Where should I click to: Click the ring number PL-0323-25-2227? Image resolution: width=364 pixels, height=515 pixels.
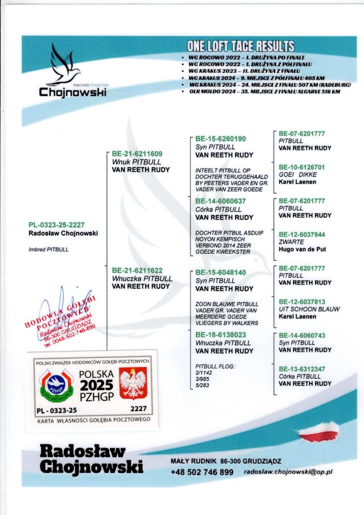[56, 225]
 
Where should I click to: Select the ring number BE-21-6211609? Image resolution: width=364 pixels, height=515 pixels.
[137, 154]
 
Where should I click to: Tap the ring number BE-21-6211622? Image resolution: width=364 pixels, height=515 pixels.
[137, 270]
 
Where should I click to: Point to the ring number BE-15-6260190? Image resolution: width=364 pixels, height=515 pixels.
[221, 139]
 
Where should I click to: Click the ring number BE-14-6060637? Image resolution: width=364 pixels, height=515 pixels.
[221, 201]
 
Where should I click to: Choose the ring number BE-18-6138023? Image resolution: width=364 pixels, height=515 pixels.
[221, 335]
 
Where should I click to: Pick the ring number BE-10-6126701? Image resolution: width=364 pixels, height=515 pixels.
[302, 167]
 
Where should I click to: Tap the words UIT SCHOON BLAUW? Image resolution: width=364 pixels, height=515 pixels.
[309, 309]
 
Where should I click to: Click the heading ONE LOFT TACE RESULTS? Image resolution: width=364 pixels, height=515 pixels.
[241, 46]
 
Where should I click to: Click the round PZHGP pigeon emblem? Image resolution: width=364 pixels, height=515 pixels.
[57, 385]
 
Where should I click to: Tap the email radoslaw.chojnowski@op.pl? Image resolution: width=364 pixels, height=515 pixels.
[288, 472]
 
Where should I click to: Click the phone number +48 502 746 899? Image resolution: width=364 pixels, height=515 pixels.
[202, 472]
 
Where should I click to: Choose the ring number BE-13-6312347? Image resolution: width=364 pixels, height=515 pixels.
[302, 369]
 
